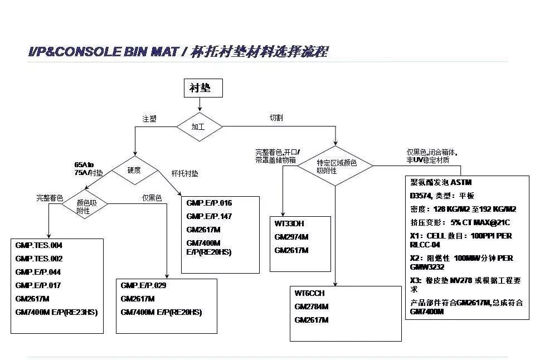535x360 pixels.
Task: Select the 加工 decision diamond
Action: click(199, 127)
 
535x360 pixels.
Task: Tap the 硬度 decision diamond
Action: click(134, 170)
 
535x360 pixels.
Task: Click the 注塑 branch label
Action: click(149, 119)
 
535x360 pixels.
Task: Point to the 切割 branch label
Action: click(276, 118)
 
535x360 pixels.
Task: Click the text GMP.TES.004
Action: click(39, 245)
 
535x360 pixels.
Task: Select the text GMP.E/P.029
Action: click(143, 285)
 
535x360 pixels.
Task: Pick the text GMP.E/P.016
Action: click(209, 203)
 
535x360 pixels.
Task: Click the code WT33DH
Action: click(289, 223)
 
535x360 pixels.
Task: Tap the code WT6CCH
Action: click(310, 294)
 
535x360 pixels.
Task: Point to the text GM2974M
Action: click(291, 237)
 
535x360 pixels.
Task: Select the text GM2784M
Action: click(312, 307)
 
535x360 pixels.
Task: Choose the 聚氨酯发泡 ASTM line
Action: click(441, 182)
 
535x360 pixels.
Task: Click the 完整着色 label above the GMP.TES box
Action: click(50, 198)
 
